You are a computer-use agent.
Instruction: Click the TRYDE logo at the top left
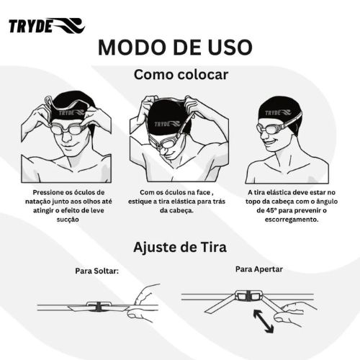(47, 25)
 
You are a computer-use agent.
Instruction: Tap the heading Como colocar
(181, 75)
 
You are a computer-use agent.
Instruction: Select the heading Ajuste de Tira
(180, 247)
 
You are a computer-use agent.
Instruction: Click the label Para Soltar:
(97, 271)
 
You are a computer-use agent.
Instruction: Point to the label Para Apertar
(259, 269)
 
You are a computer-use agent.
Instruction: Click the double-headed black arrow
(264, 321)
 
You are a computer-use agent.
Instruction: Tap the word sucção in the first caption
(68, 220)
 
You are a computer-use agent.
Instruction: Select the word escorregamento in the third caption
(292, 220)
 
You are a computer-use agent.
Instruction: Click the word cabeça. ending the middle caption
(176, 211)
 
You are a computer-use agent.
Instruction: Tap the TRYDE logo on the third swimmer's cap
(278, 112)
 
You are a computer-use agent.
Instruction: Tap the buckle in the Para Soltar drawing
(98, 306)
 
